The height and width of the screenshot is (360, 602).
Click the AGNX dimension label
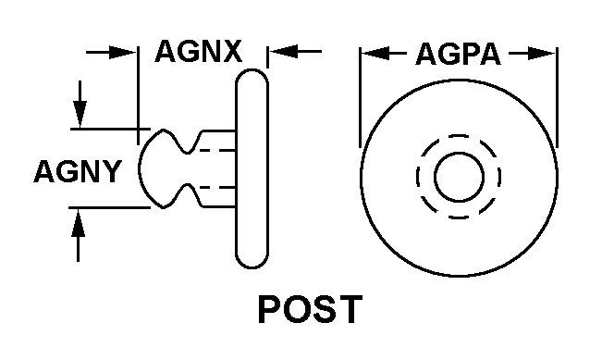click(199, 51)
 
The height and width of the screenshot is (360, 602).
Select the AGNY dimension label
click(78, 171)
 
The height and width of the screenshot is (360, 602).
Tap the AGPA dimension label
click(459, 55)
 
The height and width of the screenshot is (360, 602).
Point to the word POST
click(310, 309)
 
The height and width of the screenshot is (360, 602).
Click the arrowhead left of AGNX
click(123, 52)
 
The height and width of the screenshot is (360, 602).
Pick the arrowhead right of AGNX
click(283, 51)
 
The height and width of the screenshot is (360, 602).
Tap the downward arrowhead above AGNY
click(80, 114)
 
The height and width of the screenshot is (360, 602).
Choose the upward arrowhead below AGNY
click(79, 222)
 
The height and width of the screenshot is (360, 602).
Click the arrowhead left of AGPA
click(376, 54)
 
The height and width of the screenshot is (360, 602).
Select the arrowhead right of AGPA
click(541, 54)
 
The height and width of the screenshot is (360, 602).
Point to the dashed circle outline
click(459, 135)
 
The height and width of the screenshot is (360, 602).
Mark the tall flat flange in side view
click(252, 168)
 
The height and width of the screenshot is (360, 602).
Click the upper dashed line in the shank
click(217, 150)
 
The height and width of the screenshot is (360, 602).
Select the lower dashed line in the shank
click(217, 188)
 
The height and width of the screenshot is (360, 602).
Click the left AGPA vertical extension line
click(360, 97)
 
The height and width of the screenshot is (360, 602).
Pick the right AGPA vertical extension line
click(557, 97)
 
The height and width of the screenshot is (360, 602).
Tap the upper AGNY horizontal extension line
click(110, 129)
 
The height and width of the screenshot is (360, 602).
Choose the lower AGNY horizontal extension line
click(110, 208)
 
